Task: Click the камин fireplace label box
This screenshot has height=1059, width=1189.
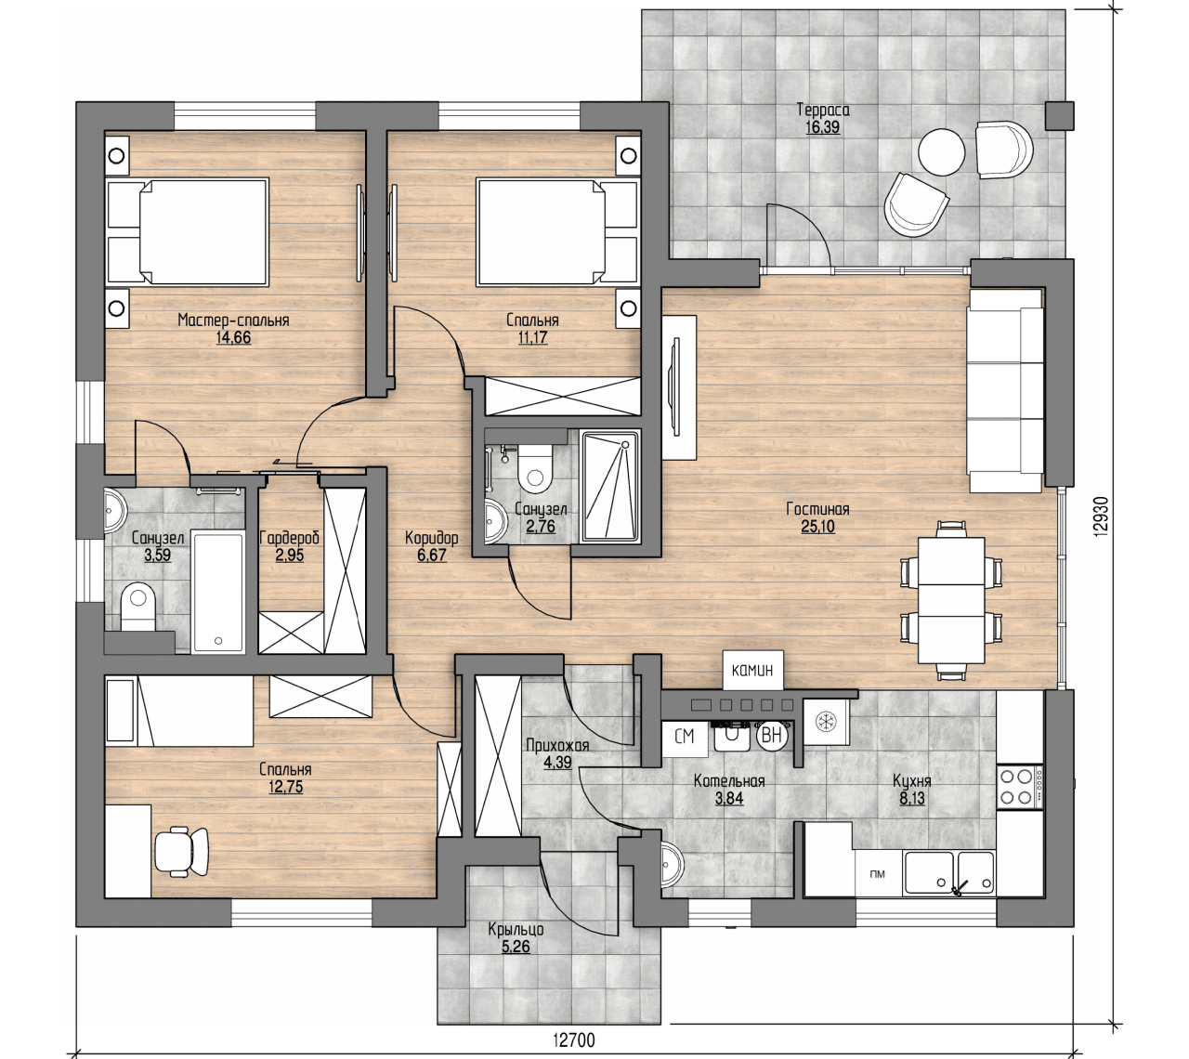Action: pyautogui.click(x=752, y=670)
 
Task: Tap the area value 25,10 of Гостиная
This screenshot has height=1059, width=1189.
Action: pyautogui.click(x=817, y=527)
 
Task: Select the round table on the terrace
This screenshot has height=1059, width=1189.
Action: pyautogui.click(x=941, y=152)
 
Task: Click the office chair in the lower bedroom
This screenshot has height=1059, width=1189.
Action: pyautogui.click(x=181, y=852)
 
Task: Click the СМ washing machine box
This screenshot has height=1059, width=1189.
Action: pyautogui.click(x=685, y=737)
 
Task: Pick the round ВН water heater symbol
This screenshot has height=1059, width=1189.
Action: pyautogui.click(x=771, y=736)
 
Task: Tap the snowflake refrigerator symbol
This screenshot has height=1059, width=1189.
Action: pyautogui.click(x=826, y=722)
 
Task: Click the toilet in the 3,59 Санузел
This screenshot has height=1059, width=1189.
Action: pyautogui.click(x=137, y=607)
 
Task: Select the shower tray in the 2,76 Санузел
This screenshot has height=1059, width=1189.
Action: pyautogui.click(x=610, y=486)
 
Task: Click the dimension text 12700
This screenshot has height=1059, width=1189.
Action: pyautogui.click(x=573, y=1040)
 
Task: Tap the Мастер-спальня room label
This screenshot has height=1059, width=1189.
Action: pyautogui.click(x=233, y=320)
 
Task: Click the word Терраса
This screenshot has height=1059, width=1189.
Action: pyautogui.click(x=823, y=110)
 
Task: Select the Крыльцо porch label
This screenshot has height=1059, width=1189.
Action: pyautogui.click(x=516, y=929)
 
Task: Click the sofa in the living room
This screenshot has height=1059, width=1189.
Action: pyautogui.click(x=1005, y=389)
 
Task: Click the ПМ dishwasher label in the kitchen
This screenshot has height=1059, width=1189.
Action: pyautogui.click(x=878, y=874)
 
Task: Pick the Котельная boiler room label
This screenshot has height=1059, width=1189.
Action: pyautogui.click(x=729, y=780)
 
